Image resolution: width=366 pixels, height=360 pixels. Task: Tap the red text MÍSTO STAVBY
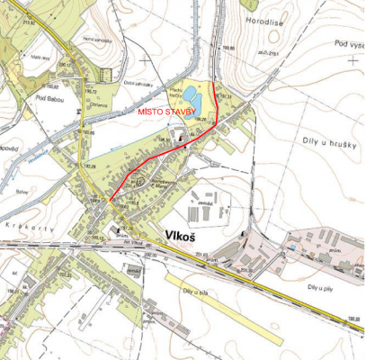(164, 112)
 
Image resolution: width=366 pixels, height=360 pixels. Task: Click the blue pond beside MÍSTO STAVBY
(192, 92)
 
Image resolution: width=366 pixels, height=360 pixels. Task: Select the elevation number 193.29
(89, 166)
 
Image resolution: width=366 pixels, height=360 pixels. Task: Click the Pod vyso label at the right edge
(348, 43)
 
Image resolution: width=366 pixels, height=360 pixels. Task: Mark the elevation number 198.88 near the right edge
(354, 319)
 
